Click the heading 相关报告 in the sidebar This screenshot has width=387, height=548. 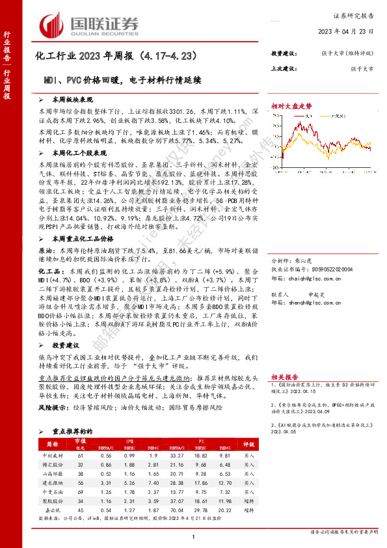(x=286, y=359)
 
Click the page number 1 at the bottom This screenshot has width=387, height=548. (x=194, y=536)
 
